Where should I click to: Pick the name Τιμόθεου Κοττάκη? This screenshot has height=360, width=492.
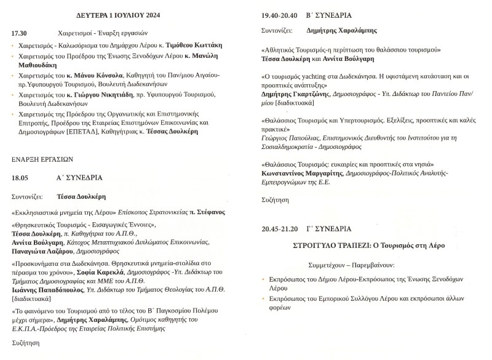click(194, 46)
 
